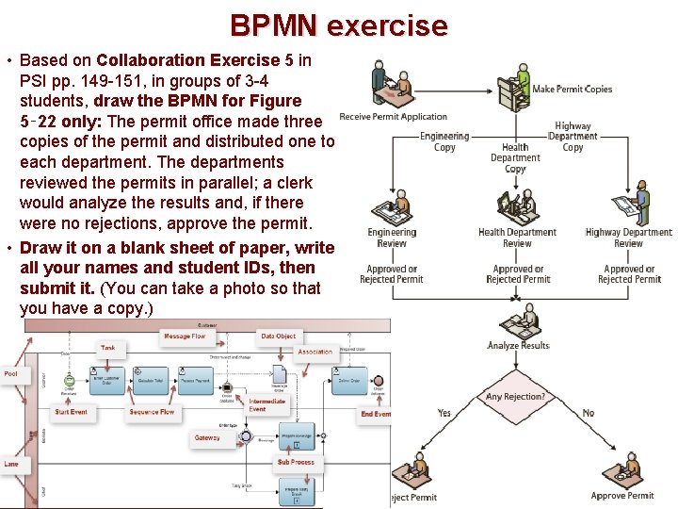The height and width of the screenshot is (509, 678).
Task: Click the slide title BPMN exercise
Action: [x=339, y=25]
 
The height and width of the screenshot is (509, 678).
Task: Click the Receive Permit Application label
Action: [x=393, y=117]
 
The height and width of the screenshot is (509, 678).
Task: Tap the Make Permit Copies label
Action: [x=572, y=90]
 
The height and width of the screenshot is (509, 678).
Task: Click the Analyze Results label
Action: [x=518, y=346]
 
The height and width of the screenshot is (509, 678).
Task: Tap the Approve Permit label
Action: [x=622, y=496]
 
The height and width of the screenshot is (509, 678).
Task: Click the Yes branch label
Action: [x=444, y=413]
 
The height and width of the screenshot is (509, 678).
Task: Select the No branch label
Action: [x=589, y=413]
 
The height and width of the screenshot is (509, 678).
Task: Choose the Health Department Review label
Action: [x=517, y=238]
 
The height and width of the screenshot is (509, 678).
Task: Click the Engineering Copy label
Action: [x=444, y=142]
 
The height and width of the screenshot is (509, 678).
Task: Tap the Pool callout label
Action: [x=11, y=373]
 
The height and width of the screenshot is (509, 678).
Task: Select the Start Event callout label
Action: [x=71, y=412]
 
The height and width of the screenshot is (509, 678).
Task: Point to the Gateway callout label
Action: [x=207, y=438]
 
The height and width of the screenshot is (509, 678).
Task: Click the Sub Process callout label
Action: [x=296, y=463]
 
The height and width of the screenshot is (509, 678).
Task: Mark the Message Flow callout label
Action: [x=185, y=337]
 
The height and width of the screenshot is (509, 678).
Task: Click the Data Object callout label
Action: [x=279, y=337]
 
